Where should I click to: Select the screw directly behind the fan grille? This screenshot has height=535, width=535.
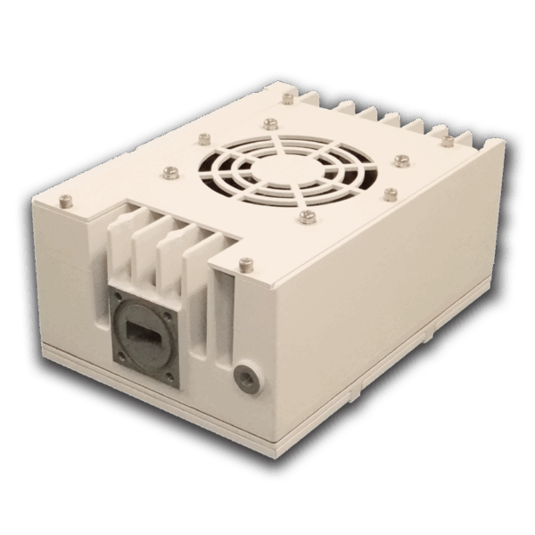(x=269, y=123)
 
